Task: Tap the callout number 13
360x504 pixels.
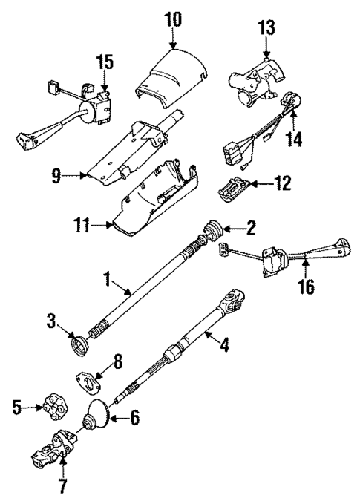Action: click(266, 28)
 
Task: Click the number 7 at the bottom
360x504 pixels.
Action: click(63, 488)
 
